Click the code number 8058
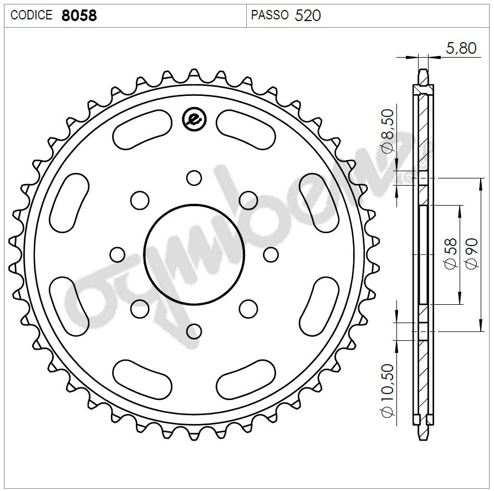pos(79,16)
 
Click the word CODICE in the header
pos(31,15)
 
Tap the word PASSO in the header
pos(269,15)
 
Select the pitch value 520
pos(308,16)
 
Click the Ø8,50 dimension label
pos(388,130)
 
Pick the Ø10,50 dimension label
pos(388,391)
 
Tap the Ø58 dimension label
pos(451,254)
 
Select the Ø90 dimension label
pos(472,254)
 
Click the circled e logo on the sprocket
pos(195,120)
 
